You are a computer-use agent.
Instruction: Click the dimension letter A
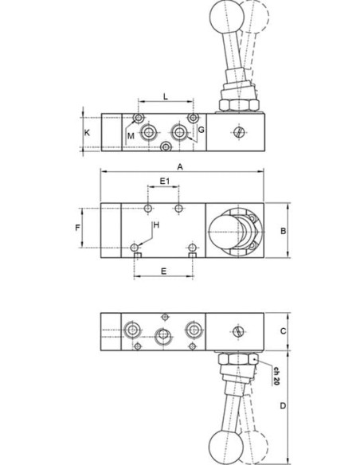pos(180,167)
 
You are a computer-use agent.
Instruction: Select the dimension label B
pos(284,230)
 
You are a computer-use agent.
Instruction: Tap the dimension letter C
pos(284,331)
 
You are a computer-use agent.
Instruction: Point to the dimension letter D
pos(284,405)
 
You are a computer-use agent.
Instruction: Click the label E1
pos(165,181)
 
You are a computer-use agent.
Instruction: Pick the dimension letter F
pos(78,228)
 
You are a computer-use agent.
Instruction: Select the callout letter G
pos(201,130)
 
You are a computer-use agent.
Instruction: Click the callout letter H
pos(156,225)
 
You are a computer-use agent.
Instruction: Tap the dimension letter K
pos(87,132)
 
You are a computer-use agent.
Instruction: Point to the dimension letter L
pos(166,96)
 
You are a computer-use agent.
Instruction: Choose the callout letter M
pos(131,136)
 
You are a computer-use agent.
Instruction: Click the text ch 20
pos(276,376)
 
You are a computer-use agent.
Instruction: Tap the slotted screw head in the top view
pos(239,132)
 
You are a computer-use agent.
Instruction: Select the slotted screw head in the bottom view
pos(238,331)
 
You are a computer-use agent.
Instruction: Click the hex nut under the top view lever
pos(239,105)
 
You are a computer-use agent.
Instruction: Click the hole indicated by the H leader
pos(135,247)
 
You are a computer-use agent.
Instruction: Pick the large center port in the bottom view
pos(162,334)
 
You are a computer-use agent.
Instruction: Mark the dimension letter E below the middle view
pos(163,271)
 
